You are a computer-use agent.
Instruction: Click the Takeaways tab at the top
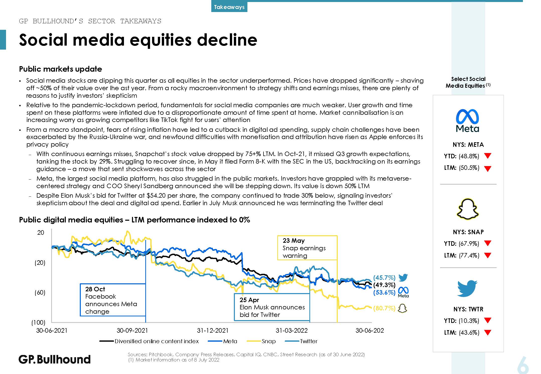click(x=229, y=7)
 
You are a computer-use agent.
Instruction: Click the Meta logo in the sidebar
click(x=467, y=120)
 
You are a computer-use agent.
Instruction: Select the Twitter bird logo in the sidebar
click(x=467, y=288)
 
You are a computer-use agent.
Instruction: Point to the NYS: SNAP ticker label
click(x=468, y=232)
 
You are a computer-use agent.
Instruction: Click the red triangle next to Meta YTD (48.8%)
click(x=488, y=156)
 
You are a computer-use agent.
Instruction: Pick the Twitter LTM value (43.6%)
click(x=469, y=332)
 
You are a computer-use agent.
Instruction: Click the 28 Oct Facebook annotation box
click(x=113, y=300)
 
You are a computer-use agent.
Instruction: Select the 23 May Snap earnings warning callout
click(x=307, y=248)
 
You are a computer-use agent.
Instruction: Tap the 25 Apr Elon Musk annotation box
click(x=272, y=307)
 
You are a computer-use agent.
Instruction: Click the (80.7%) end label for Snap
click(x=384, y=308)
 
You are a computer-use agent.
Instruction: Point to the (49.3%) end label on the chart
click(x=384, y=285)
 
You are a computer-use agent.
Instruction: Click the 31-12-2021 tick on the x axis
click(x=213, y=330)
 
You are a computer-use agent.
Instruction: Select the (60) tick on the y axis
click(x=40, y=293)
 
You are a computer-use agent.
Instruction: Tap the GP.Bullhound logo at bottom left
click(x=54, y=359)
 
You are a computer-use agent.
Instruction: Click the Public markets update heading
click(x=60, y=69)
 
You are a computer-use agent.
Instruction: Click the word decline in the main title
click(x=227, y=40)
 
